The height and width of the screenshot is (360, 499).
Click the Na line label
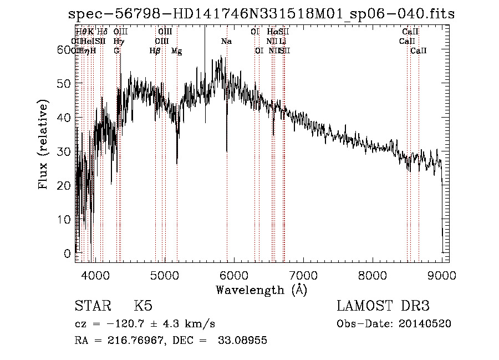click(x=226, y=42)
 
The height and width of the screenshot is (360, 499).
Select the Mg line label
click(x=176, y=51)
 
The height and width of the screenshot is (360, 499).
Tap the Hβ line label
click(x=155, y=51)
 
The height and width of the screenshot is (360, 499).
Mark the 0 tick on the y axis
click(x=68, y=253)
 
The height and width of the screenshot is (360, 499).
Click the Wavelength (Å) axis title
click(x=261, y=290)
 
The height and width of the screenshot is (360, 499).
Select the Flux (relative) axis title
click(x=43, y=145)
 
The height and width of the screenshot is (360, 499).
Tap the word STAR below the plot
click(x=92, y=306)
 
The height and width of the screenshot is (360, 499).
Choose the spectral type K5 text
click(x=143, y=306)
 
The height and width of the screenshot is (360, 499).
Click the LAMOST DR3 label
click(x=383, y=306)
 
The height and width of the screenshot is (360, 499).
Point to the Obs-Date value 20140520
click(x=425, y=324)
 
